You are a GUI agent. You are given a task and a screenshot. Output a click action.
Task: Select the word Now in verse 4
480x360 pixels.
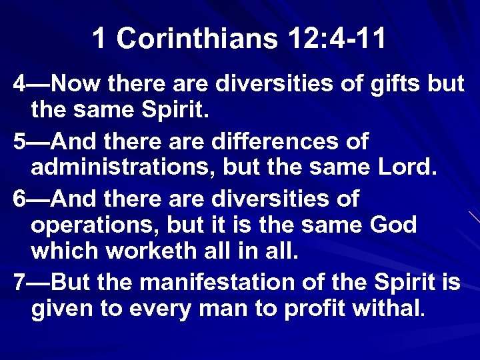[75, 85]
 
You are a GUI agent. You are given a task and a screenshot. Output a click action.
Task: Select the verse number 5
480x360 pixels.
[19, 141]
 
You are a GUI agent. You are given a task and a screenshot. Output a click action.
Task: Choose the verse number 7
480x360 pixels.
[19, 282]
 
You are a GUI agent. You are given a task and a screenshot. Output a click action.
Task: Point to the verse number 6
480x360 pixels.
[19, 199]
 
